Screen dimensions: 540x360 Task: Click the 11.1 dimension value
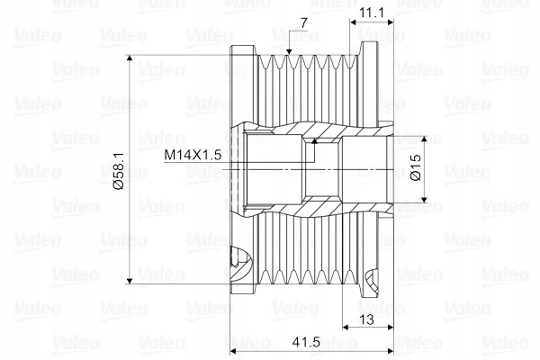[371, 13]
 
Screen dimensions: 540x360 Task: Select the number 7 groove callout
[303, 23]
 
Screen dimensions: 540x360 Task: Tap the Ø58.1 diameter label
[119, 171]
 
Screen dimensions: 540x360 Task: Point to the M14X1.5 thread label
[193, 155]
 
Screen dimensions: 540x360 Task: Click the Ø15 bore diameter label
[416, 167]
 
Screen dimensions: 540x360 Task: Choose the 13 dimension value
[366, 319]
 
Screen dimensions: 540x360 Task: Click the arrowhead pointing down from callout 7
[289, 51]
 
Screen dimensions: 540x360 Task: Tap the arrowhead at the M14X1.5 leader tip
[314, 140]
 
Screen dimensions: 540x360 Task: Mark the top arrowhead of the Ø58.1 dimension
[130, 58]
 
